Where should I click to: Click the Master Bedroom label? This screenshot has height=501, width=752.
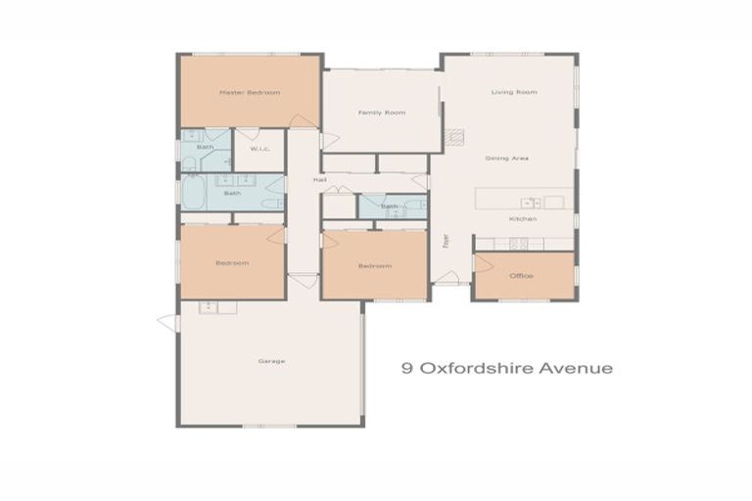[x=250, y=93]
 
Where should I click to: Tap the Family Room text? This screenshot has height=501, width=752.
[x=381, y=113]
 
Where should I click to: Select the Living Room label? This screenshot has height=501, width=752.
[x=514, y=93]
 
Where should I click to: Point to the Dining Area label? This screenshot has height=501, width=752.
[x=507, y=158]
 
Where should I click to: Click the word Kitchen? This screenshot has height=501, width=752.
[x=522, y=218]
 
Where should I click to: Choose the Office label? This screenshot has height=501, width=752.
[x=521, y=276]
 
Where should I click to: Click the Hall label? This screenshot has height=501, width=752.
[x=319, y=180]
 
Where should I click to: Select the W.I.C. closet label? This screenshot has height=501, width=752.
[x=259, y=149]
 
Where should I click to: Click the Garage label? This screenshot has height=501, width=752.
[x=271, y=361]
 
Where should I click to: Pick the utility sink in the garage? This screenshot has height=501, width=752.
[x=209, y=307]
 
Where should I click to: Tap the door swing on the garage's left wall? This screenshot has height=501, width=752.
[x=167, y=322]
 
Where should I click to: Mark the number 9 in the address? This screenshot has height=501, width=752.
[x=406, y=369]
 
